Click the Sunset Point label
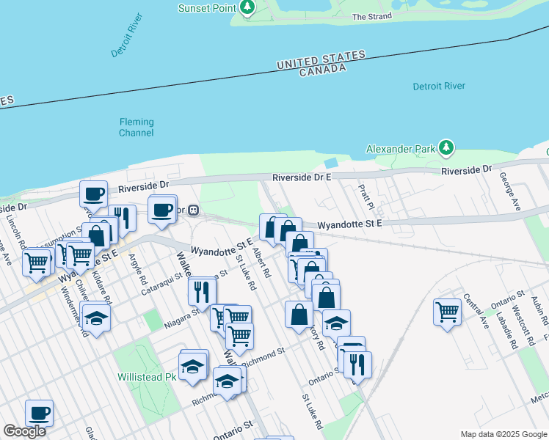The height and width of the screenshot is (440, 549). click(x=207, y=8)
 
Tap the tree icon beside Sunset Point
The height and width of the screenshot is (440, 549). click(x=247, y=8)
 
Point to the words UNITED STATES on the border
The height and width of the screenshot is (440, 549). click(x=321, y=60)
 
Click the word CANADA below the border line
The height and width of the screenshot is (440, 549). click(x=322, y=70)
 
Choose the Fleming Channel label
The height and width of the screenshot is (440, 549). click(x=137, y=128)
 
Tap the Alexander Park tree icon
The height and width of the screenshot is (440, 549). click(x=446, y=149)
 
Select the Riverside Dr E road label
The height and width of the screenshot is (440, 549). click(x=302, y=177)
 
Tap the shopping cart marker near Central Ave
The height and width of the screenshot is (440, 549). click(x=447, y=312)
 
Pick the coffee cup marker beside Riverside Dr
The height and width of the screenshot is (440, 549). click(x=94, y=194)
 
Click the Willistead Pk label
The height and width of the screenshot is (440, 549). click(x=147, y=378)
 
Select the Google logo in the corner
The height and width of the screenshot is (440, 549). click(x=24, y=431)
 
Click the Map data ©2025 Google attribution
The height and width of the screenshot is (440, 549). click(x=503, y=434)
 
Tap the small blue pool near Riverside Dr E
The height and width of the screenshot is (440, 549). click(x=332, y=162)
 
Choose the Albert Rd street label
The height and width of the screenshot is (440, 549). click(x=261, y=263)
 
